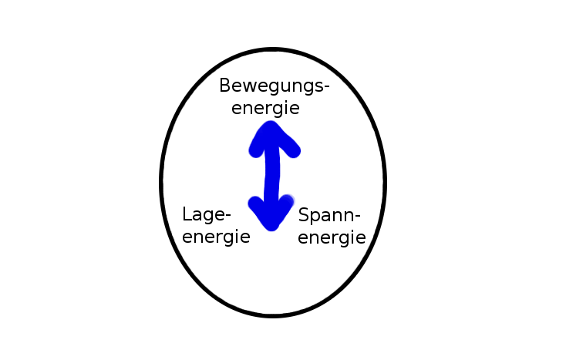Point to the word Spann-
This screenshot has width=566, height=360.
pyautogui.click(x=329, y=216)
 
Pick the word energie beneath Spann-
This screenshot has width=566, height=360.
pyautogui.click(x=332, y=237)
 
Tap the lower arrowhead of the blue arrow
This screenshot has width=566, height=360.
pyautogui.click(x=271, y=216)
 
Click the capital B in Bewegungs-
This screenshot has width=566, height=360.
pyautogui.click(x=225, y=85)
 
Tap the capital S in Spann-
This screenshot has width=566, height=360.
pyautogui.click(x=304, y=214)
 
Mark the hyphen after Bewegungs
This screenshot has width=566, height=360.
pyautogui.click(x=325, y=88)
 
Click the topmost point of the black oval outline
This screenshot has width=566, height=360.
pyautogui.click(x=273, y=50)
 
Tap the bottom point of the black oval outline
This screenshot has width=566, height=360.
pyautogui.click(x=273, y=315)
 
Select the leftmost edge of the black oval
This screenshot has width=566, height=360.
pyautogui.click(x=162, y=182)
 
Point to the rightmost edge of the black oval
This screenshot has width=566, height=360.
pyautogui.click(x=384, y=182)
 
